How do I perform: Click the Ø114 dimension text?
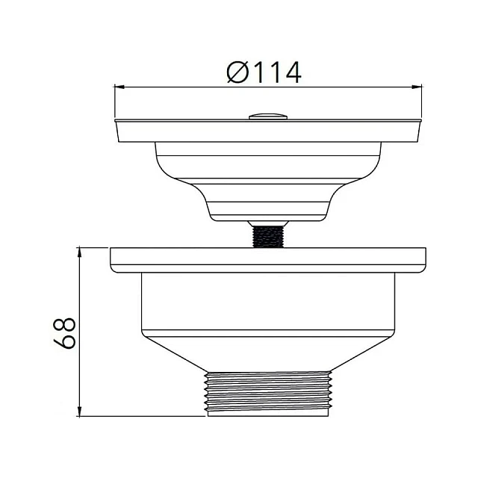[264, 72]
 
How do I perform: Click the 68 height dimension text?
[64, 333]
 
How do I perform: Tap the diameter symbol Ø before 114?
[237, 72]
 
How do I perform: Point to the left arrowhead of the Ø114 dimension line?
[119, 87]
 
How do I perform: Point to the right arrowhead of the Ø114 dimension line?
[417, 87]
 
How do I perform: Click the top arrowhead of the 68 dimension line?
[79, 252]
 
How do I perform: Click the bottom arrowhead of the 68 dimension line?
[79, 411]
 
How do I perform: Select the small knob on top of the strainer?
[268, 117]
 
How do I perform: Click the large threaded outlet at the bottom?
[268, 394]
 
